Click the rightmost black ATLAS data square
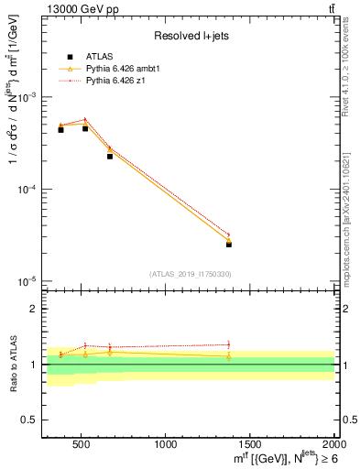point(229,245)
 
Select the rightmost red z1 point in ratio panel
point(229,344)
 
